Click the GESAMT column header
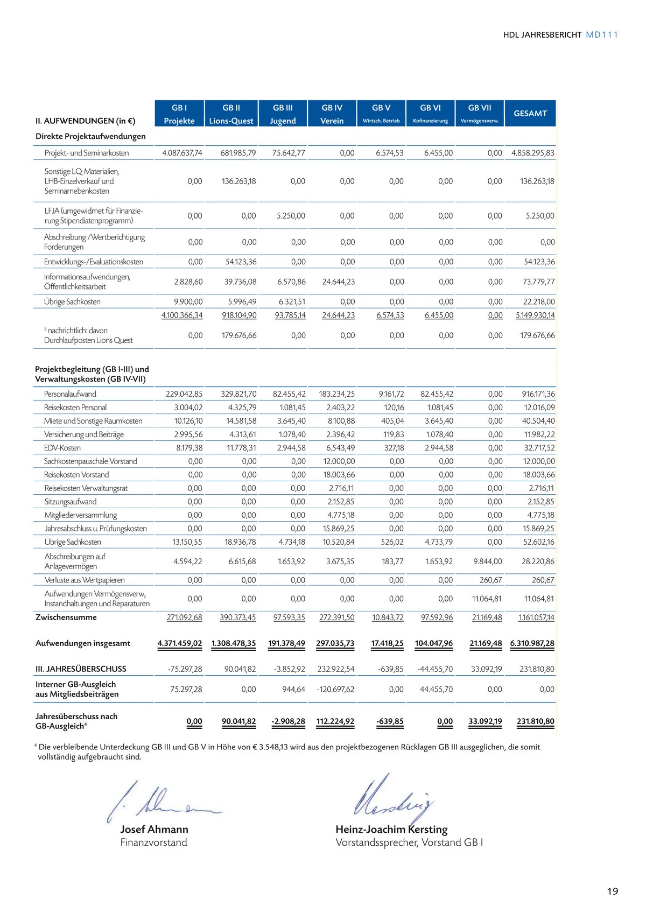coord(530,114)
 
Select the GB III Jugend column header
coord(283,114)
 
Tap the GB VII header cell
coord(479,114)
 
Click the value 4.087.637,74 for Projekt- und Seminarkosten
coord(182,153)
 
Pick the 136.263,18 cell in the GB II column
coord(238,181)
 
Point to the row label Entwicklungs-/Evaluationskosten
coord(94,262)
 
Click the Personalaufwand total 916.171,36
coord(538,394)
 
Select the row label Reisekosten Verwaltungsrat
coord(86,488)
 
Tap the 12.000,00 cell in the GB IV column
coord(339,461)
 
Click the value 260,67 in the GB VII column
coord(490,580)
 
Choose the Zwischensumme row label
coord(66,617)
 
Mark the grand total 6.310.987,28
coord(532,643)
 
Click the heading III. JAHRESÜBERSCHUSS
coord(81,669)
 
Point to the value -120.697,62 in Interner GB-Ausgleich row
coord(335,690)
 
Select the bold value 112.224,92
coord(335,721)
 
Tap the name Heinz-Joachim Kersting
coord(391,830)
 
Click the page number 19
coord(613,891)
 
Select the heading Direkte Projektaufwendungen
coord(90,136)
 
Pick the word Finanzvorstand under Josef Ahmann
coord(153,843)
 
